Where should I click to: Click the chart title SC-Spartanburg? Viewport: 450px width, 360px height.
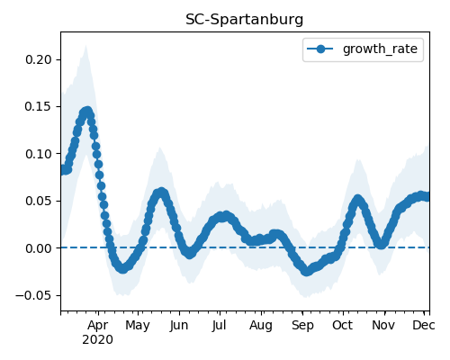click(x=244, y=20)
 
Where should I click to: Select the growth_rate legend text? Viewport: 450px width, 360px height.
click(x=380, y=49)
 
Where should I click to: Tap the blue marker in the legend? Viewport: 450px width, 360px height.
click(x=320, y=49)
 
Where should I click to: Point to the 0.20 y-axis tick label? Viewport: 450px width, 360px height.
click(x=39, y=59)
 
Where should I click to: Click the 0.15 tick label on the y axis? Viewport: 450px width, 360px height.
click(x=39, y=107)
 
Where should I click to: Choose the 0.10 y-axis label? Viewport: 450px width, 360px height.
click(x=39, y=154)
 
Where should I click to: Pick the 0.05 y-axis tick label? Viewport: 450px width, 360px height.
click(x=39, y=201)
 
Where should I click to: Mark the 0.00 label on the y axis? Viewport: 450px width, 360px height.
click(x=39, y=248)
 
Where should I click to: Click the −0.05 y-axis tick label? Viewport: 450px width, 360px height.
click(x=34, y=295)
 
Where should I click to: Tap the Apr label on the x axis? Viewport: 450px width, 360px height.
click(x=98, y=325)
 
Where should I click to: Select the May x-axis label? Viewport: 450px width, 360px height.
click(x=138, y=325)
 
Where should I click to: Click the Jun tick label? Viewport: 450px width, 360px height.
click(x=179, y=325)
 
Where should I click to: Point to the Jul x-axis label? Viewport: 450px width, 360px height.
click(x=219, y=325)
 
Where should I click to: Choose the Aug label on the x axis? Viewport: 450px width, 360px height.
click(x=261, y=325)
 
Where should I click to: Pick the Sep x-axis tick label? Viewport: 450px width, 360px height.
click(x=302, y=325)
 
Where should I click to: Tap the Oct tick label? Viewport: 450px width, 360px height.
click(x=343, y=325)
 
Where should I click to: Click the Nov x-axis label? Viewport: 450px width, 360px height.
click(x=383, y=325)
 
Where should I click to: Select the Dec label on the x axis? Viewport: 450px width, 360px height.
click(x=424, y=325)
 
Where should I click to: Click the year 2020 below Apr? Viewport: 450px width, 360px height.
click(x=98, y=340)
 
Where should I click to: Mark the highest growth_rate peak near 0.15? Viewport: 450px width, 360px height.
click(x=87, y=112)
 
